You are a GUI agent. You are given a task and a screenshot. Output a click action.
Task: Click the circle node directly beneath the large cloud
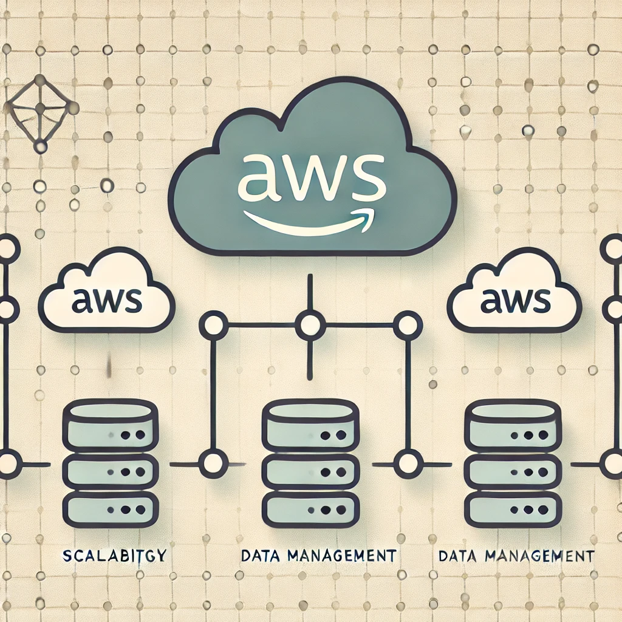(x=310, y=324)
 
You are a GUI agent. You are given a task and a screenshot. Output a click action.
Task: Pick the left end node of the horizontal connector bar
(x=213, y=324)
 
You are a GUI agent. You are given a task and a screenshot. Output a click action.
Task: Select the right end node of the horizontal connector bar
(x=407, y=324)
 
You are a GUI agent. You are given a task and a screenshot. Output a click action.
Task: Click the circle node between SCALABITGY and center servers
(x=213, y=465)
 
